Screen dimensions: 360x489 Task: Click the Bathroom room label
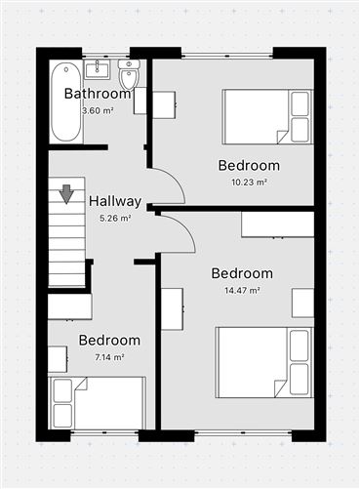click(98, 94)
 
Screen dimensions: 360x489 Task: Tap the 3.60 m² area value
click(98, 110)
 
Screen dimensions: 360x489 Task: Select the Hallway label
click(115, 201)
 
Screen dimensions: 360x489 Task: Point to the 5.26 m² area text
click(115, 218)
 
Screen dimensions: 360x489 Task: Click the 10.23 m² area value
click(249, 183)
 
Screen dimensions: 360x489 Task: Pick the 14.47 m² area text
click(242, 290)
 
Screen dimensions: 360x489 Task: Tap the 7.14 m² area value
click(110, 357)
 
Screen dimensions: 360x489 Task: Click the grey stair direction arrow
click(66, 194)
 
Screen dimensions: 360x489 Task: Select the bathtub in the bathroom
click(66, 102)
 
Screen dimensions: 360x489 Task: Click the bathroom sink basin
click(97, 69)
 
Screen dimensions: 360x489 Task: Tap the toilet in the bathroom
click(129, 74)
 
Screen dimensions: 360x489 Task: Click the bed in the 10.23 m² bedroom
click(267, 116)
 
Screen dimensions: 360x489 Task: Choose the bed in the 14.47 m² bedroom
click(264, 362)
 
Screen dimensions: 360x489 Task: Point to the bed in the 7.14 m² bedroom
click(97, 403)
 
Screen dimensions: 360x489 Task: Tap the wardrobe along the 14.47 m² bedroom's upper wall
click(277, 224)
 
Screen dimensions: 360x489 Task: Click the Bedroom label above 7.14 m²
click(109, 341)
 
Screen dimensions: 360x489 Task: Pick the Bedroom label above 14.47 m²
click(242, 273)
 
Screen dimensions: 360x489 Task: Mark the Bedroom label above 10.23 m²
click(249, 165)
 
